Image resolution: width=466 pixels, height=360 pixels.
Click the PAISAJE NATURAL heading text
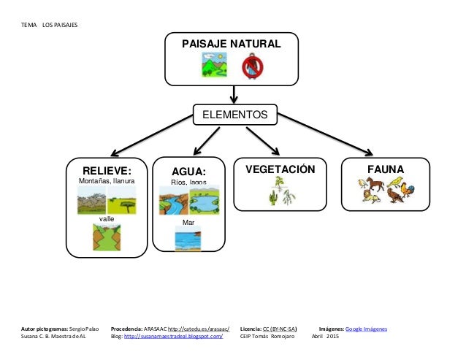pos(231,45)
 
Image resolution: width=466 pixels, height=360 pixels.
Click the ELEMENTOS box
pos(234,115)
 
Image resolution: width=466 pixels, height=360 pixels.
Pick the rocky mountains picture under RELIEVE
pos(91,200)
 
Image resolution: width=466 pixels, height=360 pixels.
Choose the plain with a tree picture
pos(121,200)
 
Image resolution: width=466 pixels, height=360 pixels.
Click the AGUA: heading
pos(189,171)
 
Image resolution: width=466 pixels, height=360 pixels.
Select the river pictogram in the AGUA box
pos(174,201)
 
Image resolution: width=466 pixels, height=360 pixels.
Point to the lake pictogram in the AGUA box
pos(204,201)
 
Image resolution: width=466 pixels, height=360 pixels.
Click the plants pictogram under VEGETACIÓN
pos(280,191)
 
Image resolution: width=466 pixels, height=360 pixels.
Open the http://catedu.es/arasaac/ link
pos(199,329)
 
